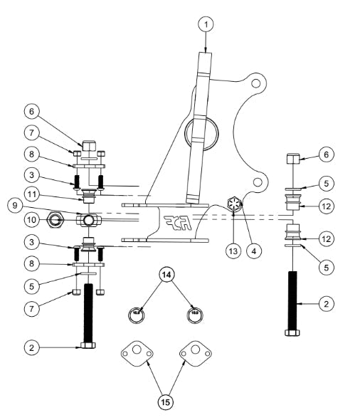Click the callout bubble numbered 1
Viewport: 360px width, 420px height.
coord(205,23)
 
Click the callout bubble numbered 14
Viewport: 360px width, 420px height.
coord(166,275)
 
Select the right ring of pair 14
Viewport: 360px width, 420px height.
coord(194,311)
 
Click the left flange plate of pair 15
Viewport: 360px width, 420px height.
coord(137,352)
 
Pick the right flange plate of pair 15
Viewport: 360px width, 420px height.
coord(196,352)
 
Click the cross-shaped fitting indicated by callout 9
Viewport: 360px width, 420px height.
coord(87,219)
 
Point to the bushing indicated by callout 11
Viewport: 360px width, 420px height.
coord(88,192)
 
